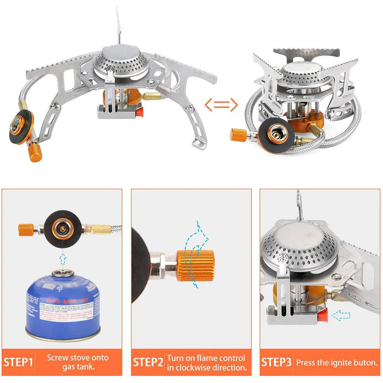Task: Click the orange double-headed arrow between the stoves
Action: (221, 104)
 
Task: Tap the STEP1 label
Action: (18, 362)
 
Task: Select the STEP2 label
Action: (148, 362)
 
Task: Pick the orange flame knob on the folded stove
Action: (238, 134)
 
